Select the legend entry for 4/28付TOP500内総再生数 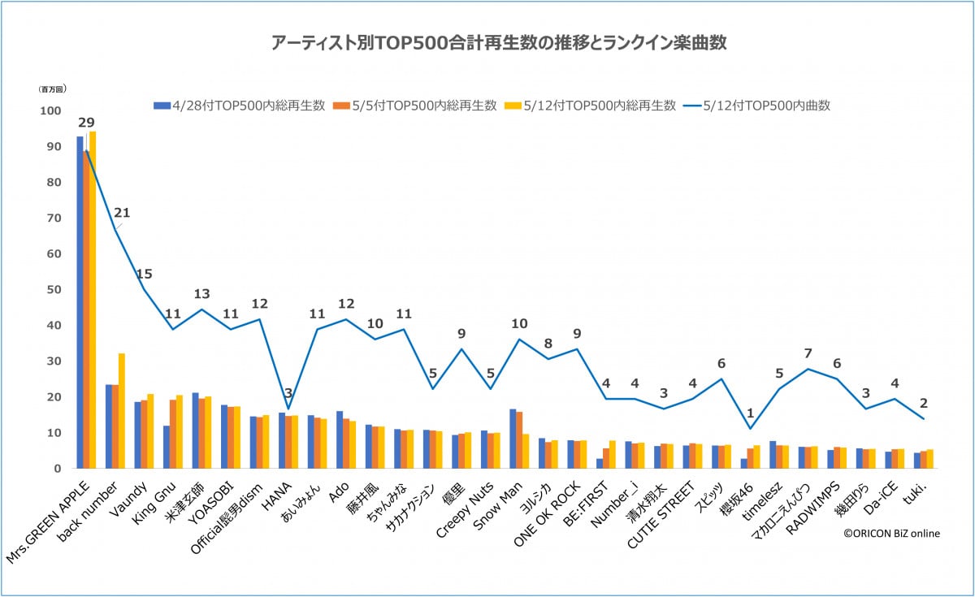240,106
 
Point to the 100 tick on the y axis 50,111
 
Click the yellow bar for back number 122,410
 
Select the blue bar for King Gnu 166,447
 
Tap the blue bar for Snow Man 513,439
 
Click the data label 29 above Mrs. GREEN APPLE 86,123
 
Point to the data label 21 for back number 122,213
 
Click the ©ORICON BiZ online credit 890,534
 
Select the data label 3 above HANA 288,394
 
